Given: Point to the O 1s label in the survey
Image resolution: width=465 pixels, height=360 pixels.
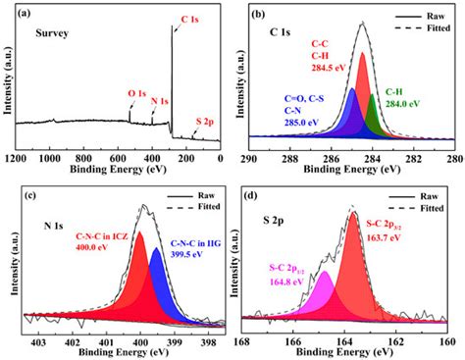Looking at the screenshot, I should tap(139, 94).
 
